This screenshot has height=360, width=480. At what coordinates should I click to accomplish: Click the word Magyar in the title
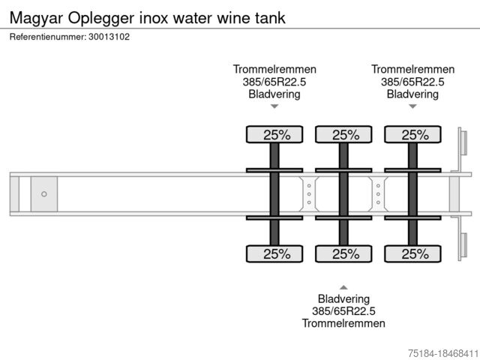coord(36,17)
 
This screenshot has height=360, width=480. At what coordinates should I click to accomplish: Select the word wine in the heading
coord(226,17)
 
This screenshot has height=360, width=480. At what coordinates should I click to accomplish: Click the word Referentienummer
coord(46,37)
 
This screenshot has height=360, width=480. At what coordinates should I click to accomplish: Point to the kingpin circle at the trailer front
coord(44,194)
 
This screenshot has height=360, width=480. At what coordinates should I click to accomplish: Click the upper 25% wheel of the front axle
coord(274,135)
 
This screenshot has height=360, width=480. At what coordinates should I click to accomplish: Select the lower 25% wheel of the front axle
coord(274,253)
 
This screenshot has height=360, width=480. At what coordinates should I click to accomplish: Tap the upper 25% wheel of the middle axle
coord(343,135)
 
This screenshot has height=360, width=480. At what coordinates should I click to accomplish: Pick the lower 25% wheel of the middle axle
coord(343,253)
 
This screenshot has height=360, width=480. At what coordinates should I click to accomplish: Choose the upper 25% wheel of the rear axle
coord(412,135)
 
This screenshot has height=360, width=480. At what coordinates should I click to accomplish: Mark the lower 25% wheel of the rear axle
coord(412,253)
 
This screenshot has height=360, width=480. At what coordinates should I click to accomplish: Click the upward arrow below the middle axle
coord(343,286)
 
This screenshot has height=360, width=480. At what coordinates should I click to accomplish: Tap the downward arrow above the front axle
coord(274,106)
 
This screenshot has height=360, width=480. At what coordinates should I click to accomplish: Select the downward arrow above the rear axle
coord(412,106)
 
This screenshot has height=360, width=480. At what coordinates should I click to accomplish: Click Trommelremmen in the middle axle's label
coord(343,323)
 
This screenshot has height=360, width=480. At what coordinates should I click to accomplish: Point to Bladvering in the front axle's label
coord(274,94)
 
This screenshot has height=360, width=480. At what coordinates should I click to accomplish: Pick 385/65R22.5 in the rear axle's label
coord(412,82)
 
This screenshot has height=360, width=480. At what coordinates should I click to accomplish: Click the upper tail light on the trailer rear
coord(463,142)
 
